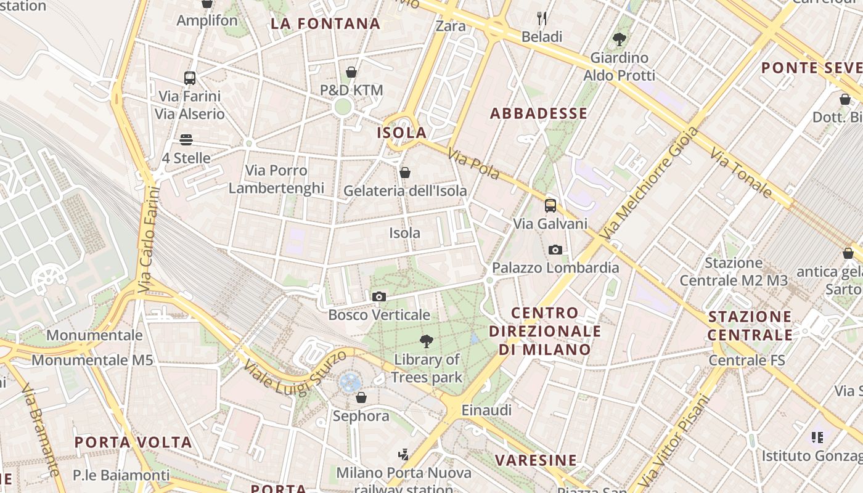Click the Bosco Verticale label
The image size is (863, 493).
click(x=378, y=315)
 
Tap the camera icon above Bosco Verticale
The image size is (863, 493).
click(x=379, y=297)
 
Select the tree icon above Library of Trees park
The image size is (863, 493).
click(x=426, y=341)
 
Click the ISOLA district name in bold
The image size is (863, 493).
click(x=402, y=132)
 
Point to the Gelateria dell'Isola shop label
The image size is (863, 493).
click(x=405, y=191)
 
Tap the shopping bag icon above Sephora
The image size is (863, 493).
click(x=361, y=397)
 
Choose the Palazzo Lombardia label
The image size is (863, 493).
click(x=555, y=268)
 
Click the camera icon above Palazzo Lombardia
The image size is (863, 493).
click(x=555, y=250)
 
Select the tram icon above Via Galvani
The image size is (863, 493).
click(x=550, y=206)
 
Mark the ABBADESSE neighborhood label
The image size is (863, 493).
click(x=538, y=113)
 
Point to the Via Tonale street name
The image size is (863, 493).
click(x=740, y=173)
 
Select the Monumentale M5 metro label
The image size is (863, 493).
click(x=92, y=360)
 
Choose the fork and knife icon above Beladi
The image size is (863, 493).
click(x=542, y=18)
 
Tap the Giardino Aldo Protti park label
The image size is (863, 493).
click(x=620, y=67)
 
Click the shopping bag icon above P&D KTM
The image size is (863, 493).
click(x=351, y=72)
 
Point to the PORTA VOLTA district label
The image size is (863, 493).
click(x=133, y=442)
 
